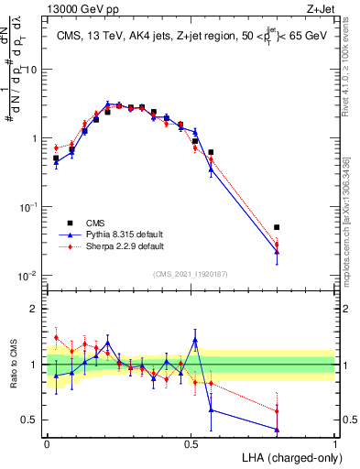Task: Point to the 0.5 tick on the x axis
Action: pyautogui.click(x=191, y=443)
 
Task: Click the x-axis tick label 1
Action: pyautogui.click(x=334, y=443)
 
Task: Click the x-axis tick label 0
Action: pyautogui.click(x=47, y=443)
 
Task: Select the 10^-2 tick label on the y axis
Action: pyautogui.click(x=30, y=276)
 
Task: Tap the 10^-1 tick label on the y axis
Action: pyautogui.click(x=30, y=207)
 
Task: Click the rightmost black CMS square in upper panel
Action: pyautogui.click(x=277, y=227)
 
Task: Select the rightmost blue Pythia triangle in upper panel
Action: pyautogui.click(x=277, y=251)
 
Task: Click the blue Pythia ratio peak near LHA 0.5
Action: pyautogui.click(x=195, y=340)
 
